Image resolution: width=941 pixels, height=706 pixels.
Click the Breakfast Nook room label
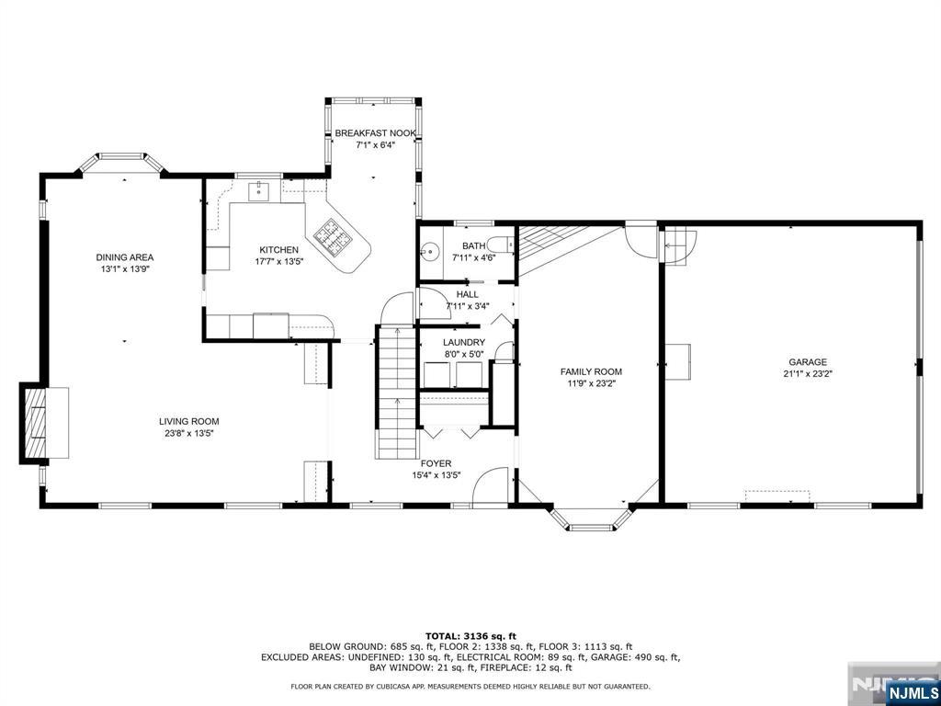pyautogui.click(x=375, y=133)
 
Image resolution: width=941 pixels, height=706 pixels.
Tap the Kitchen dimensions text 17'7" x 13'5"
pyautogui.click(x=278, y=261)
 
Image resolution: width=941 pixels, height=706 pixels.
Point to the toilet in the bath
pyautogui.click(x=499, y=245)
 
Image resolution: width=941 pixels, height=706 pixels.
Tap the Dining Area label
pyautogui.click(x=125, y=257)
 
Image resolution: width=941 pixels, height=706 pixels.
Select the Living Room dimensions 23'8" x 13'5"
pyautogui.click(x=189, y=433)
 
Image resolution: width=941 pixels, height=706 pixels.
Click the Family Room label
pyautogui.click(x=591, y=371)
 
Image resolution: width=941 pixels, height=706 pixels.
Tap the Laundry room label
pyautogui.click(x=464, y=342)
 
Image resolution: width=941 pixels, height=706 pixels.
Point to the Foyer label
pyautogui.click(x=436, y=463)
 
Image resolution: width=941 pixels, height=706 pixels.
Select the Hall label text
pyautogui.click(x=467, y=295)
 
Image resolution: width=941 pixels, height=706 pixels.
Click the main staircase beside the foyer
pyautogui.click(x=396, y=393)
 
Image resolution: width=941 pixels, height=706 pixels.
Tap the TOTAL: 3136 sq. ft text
pyautogui.click(x=470, y=636)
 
